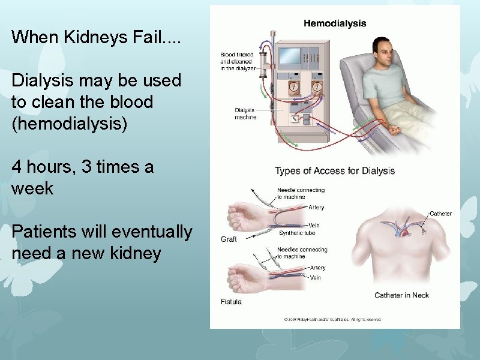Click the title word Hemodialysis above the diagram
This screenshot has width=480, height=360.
[335, 23]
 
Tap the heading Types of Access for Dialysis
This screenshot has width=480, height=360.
[335, 171]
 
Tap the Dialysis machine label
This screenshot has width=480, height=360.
[245, 113]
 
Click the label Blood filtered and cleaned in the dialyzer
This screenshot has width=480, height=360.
[238, 61]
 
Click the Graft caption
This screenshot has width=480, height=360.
[229, 239]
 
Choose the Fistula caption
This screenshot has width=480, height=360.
[231, 302]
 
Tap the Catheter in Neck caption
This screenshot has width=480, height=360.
[401, 295]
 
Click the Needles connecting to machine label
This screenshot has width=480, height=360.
[302, 253]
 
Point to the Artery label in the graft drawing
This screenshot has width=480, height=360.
[316, 208]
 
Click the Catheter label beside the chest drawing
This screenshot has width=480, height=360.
[440, 214]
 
